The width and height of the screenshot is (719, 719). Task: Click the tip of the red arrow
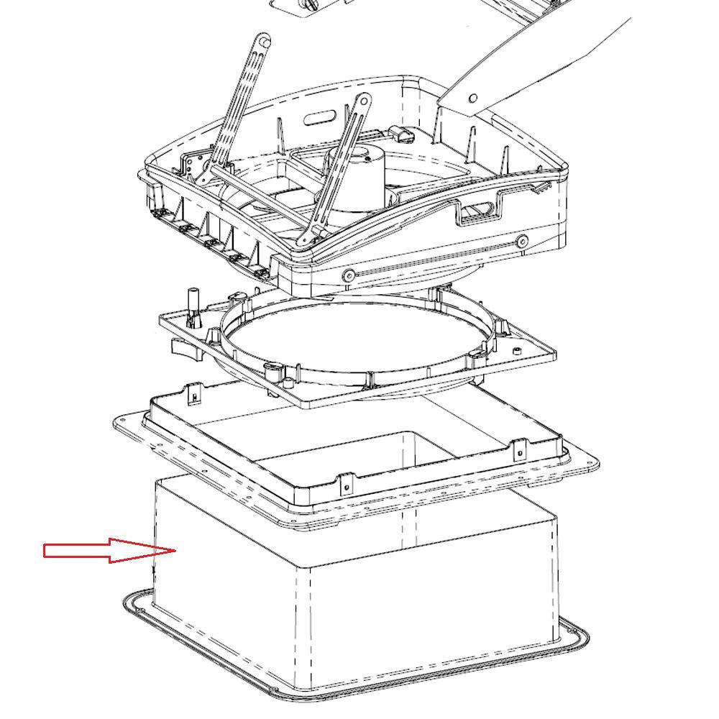tap(175, 551)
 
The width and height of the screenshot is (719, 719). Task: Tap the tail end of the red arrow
tap(46, 551)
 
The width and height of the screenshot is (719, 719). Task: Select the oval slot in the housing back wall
tap(323, 118)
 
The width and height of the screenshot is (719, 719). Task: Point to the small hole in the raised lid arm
tap(473, 99)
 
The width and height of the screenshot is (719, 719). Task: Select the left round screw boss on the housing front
tap(349, 275)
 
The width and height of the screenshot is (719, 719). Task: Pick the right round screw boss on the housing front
tap(523, 240)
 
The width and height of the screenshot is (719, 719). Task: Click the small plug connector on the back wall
tap(401, 135)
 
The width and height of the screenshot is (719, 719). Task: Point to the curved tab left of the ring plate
tap(183, 347)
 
